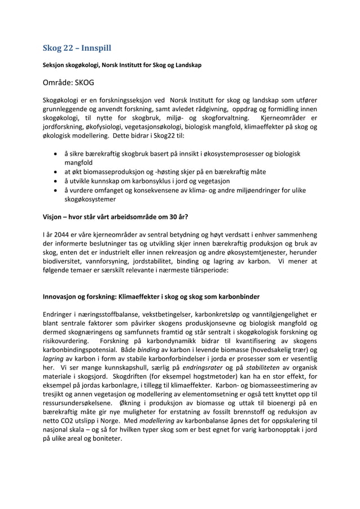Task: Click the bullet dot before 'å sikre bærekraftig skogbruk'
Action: pos(54,154)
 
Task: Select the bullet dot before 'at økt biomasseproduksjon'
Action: pos(54,172)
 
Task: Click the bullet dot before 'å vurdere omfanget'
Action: pos(54,190)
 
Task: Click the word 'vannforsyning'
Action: pos(113,261)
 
